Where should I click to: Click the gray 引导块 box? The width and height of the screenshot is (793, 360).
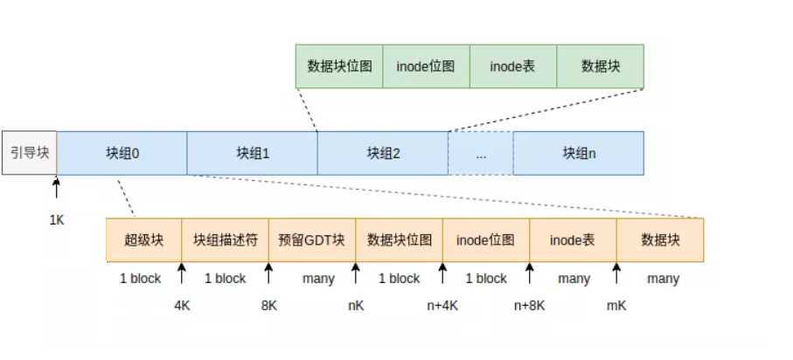click(29, 153)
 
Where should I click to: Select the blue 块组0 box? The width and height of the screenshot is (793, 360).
click(122, 153)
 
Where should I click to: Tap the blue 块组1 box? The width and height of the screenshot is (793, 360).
click(252, 153)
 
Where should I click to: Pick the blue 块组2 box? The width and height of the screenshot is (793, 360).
click(382, 153)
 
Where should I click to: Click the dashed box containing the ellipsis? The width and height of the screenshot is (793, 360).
click(480, 153)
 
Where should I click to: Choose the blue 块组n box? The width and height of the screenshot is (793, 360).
click(578, 153)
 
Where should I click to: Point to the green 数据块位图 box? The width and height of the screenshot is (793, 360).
click(339, 66)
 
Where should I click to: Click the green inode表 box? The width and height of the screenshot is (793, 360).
click(512, 66)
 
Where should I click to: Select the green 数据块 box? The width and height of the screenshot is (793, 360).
click(600, 66)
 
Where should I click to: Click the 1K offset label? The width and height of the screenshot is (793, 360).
click(57, 220)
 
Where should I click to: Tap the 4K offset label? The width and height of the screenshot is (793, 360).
click(183, 307)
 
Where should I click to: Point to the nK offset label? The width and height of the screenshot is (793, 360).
click(356, 307)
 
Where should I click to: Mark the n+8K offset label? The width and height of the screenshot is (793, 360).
click(530, 307)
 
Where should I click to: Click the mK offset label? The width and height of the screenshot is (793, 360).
click(617, 307)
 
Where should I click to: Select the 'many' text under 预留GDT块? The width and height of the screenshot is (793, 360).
click(317, 279)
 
